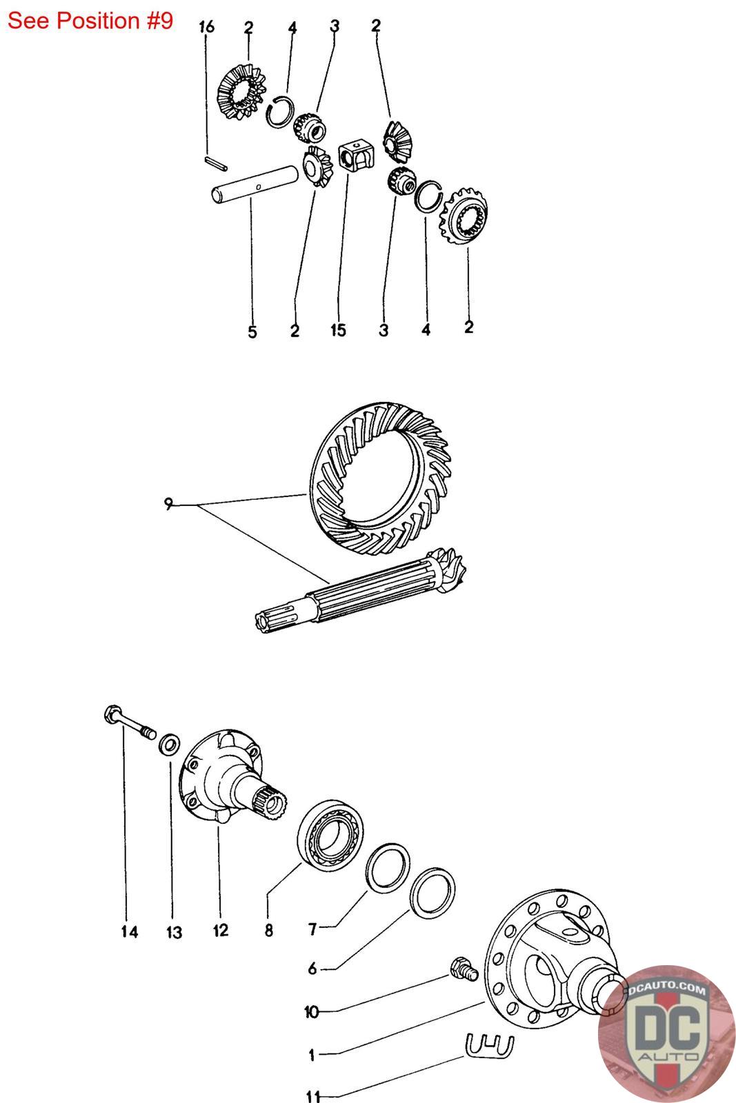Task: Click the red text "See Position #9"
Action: tap(90, 21)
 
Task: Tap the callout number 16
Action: tap(206, 27)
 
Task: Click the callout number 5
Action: tap(252, 332)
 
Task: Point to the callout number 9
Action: tap(168, 505)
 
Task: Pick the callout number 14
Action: tap(129, 932)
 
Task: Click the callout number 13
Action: tap(174, 933)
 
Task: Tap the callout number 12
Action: tap(220, 931)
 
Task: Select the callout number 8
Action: tap(268, 931)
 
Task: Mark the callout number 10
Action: tap(312, 1012)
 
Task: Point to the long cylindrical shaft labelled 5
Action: tap(255, 186)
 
